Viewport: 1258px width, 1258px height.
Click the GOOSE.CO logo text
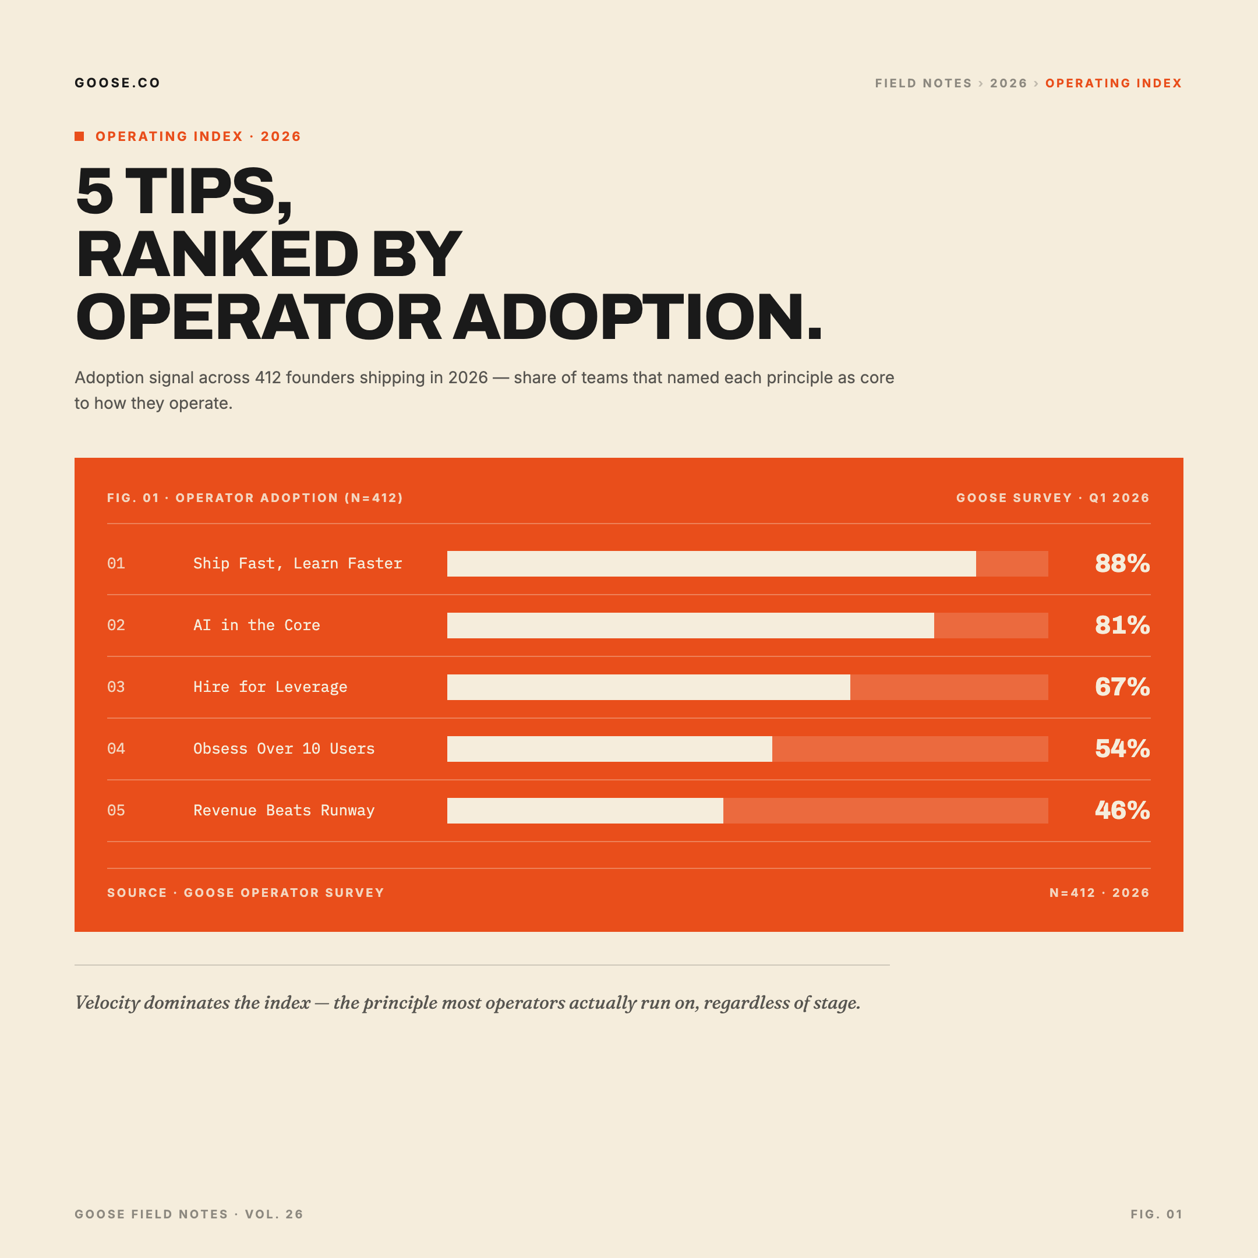click(x=117, y=83)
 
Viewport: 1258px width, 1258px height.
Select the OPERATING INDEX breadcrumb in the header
click(x=1113, y=83)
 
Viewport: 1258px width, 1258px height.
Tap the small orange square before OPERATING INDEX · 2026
click(x=79, y=136)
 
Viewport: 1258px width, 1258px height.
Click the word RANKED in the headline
click(x=217, y=255)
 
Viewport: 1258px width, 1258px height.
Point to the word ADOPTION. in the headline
click(x=638, y=318)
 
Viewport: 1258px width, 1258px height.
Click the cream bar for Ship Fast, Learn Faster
click(x=711, y=564)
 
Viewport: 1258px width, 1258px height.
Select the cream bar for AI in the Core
click(x=690, y=625)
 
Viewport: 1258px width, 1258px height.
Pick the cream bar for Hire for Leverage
click(x=649, y=687)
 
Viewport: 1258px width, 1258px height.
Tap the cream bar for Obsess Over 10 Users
click(x=609, y=749)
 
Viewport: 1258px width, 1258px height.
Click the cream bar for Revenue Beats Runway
click(x=585, y=811)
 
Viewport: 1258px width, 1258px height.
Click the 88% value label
click(x=1122, y=564)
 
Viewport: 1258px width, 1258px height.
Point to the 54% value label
click(x=1122, y=749)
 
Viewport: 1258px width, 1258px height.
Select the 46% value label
click(x=1122, y=811)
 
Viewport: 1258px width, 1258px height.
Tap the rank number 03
click(x=116, y=687)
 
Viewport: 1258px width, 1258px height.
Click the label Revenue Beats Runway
click(x=284, y=811)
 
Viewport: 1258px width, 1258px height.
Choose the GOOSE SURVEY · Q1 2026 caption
click(x=1052, y=498)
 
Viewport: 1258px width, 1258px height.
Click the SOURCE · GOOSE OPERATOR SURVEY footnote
click(x=245, y=893)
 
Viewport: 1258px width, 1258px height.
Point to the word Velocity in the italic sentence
click(x=107, y=1003)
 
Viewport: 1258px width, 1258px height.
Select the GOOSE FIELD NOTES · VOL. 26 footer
click(x=189, y=1214)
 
